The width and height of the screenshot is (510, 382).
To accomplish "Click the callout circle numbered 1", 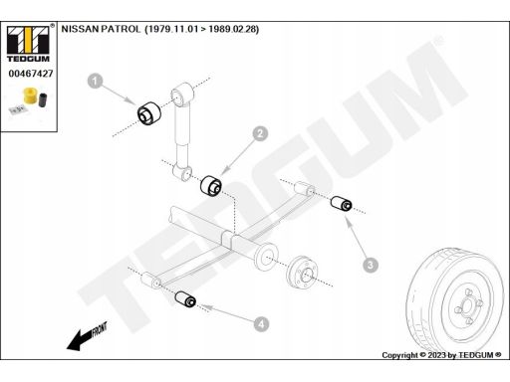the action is (95, 81).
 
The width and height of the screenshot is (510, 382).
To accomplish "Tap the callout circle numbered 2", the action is (260, 133).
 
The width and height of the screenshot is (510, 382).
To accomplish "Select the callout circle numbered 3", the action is (371, 265).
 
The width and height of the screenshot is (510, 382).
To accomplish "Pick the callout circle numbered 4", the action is (261, 323).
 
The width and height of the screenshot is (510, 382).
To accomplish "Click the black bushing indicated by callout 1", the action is (149, 113).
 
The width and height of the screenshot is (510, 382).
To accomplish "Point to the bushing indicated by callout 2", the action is (211, 185).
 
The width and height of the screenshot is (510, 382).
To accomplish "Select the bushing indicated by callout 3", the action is (342, 203).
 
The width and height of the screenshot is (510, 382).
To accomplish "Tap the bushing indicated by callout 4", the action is (185, 299).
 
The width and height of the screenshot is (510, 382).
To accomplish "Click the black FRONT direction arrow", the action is (87, 336).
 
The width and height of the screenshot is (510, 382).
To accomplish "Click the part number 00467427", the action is (31, 74).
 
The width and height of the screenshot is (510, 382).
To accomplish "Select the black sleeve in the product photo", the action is (43, 99).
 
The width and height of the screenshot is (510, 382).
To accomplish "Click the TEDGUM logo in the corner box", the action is (28, 44).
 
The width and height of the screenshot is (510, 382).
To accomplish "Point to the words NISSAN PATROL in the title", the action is (101, 29).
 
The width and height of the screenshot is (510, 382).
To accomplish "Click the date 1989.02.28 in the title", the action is (232, 29).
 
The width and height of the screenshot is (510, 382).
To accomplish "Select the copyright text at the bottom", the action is (441, 355).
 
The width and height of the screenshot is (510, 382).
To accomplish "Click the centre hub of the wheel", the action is (467, 306).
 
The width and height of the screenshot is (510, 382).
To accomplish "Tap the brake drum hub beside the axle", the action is (302, 272).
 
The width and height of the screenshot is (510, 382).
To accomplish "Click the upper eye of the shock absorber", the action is (182, 94).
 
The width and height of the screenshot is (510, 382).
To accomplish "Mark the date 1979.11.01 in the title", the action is (171, 29).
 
